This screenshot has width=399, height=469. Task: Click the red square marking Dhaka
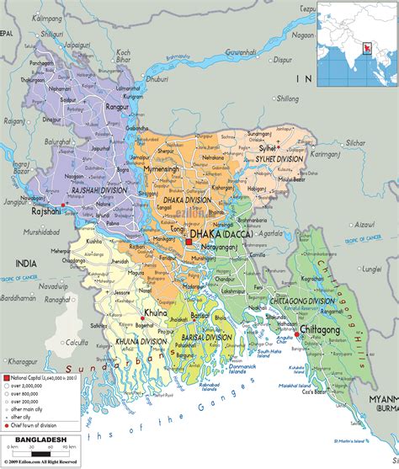[x=189, y=242]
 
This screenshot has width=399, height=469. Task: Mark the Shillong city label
[x=288, y=99]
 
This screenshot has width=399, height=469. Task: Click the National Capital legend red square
[x=6, y=382]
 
